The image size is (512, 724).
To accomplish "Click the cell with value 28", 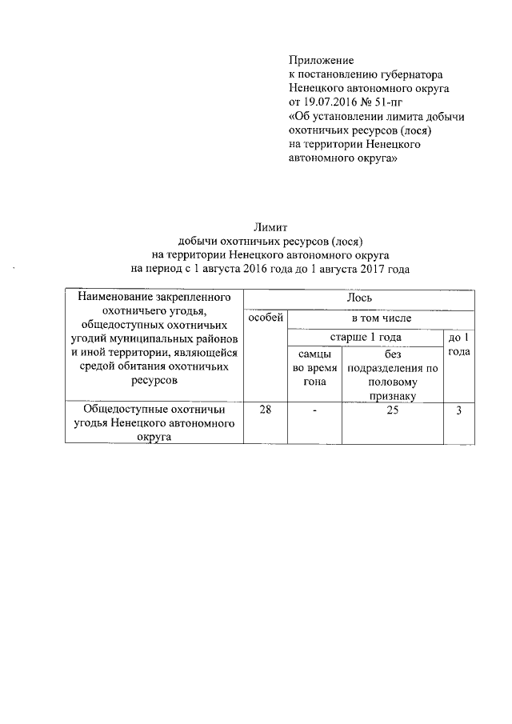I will [x=264, y=410].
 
